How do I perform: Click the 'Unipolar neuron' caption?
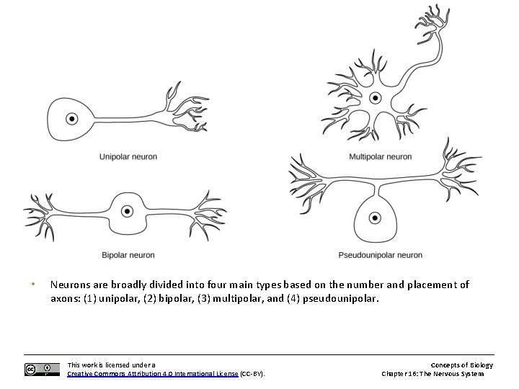tap(128, 156)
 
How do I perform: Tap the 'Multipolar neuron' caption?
tap(380, 156)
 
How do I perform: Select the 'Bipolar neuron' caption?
tap(128, 255)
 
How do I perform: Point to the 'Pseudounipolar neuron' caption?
tap(380, 255)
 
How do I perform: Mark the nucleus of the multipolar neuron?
tap(375, 98)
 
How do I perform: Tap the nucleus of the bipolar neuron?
tap(127, 211)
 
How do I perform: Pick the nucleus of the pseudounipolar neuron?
tap(374, 218)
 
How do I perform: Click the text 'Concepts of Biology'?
tap(461, 365)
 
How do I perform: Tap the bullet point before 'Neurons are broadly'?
tap(33, 284)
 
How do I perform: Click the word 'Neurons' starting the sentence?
tap(70, 285)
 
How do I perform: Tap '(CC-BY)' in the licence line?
tap(252, 374)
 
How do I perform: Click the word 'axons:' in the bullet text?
tap(65, 298)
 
